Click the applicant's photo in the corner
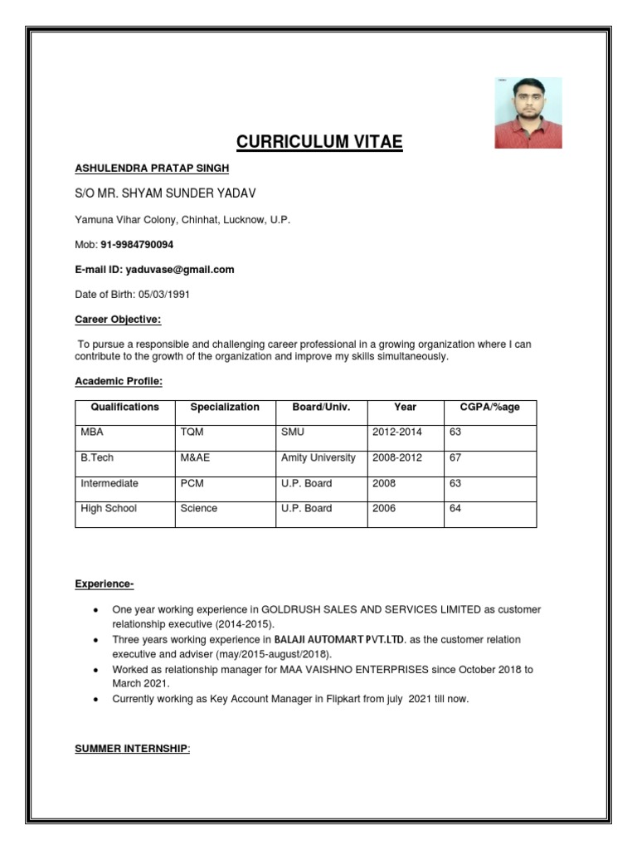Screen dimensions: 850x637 point(528,113)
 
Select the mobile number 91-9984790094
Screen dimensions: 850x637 point(137,245)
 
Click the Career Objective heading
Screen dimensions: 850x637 point(118,320)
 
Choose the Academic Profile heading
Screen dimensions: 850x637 point(119,381)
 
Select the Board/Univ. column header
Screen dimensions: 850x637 point(316,408)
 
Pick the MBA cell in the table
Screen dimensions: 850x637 point(92,432)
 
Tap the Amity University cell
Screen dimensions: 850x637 point(318,457)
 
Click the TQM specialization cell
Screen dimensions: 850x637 point(190,432)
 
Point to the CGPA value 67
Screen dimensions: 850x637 point(455,457)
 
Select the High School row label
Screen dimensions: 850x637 point(109,508)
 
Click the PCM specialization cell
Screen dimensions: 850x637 point(190,483)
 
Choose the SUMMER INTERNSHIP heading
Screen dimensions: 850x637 point(132,750)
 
